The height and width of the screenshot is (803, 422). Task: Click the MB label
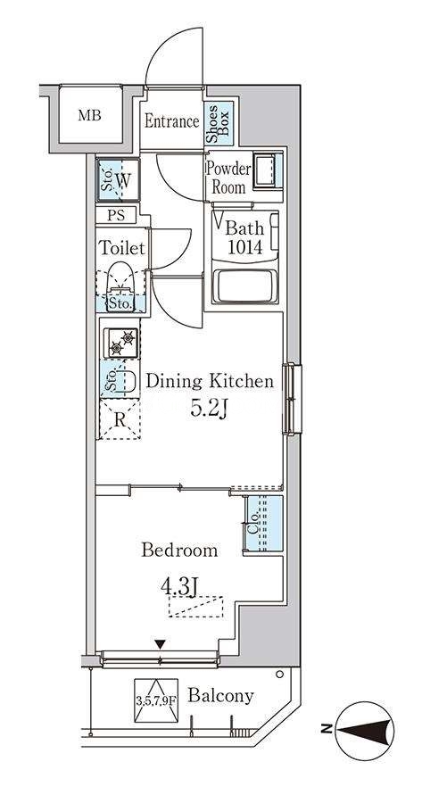[89, 115]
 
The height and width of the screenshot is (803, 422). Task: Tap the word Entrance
[171, 121]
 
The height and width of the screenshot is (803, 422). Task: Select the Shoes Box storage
[219, 123]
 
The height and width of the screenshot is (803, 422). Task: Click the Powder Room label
[228, 178]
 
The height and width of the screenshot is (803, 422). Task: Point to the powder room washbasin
[268, 170]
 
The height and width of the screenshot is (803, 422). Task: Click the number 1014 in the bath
[244, 248]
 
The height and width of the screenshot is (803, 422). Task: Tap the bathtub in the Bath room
[244, 286]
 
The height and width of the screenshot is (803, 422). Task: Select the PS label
[116, 215]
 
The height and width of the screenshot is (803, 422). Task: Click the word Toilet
[122, 248]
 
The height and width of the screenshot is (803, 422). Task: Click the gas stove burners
[121, 343]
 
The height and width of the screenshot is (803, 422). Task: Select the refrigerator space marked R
[120, 419]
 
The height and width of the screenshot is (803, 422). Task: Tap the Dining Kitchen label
[210, 381]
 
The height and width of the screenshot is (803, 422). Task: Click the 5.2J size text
[209, 408]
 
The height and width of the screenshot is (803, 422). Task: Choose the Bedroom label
[179, 551]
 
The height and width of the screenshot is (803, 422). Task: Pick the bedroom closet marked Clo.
[262, 524]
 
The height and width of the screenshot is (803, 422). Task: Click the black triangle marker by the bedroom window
[161, 644]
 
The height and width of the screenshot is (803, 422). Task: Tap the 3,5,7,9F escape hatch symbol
[156, 700]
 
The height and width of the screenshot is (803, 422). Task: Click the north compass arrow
[366, 730]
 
